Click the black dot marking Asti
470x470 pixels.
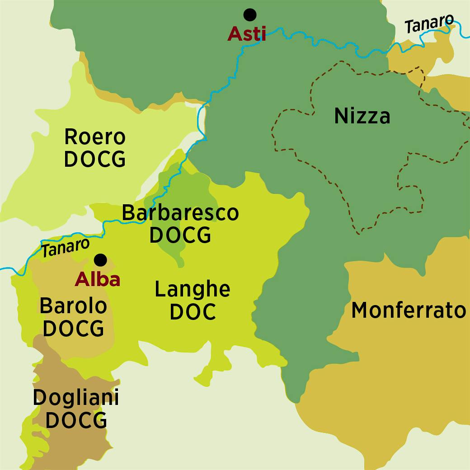point(249,15)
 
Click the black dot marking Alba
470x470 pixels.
point(100,260)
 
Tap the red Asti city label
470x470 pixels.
point(246,34)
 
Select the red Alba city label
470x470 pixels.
point(98,280)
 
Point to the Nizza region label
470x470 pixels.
point(362,116)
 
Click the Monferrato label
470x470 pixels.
point(408,310)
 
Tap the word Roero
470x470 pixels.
point(95,136)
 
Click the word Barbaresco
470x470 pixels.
point(180,212)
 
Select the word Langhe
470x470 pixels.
point(193,289)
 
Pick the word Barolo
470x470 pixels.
point(73,306)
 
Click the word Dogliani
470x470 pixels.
point(76,398)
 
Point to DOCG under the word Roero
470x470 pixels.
point(95,159)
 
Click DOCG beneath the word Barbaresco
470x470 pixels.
point(180,235)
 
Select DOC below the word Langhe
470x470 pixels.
point(193,312)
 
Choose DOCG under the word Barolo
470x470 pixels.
point(73,329)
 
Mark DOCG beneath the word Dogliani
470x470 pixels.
point(76,420)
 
